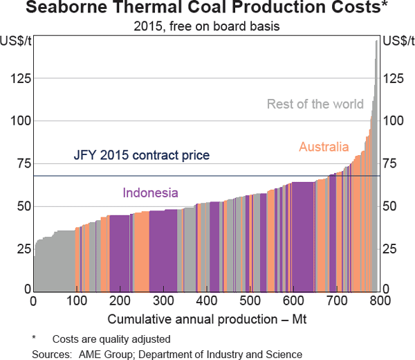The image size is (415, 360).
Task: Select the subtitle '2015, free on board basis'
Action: pos(207,27)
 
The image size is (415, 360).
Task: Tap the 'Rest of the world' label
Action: pos(315,105)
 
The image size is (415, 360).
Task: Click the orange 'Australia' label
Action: pos(324,147)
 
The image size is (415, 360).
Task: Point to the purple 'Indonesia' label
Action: pos(151,193)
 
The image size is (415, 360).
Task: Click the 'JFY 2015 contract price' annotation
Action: pos(141,156)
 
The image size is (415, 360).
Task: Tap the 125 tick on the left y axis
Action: pos(20,79)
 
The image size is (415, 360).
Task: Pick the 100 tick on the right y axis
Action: pos(394,121)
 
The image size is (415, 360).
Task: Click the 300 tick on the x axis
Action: pos(206,301)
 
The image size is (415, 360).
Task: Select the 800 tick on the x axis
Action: pos(379,301)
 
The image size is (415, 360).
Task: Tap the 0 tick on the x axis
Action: pos(34,301)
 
